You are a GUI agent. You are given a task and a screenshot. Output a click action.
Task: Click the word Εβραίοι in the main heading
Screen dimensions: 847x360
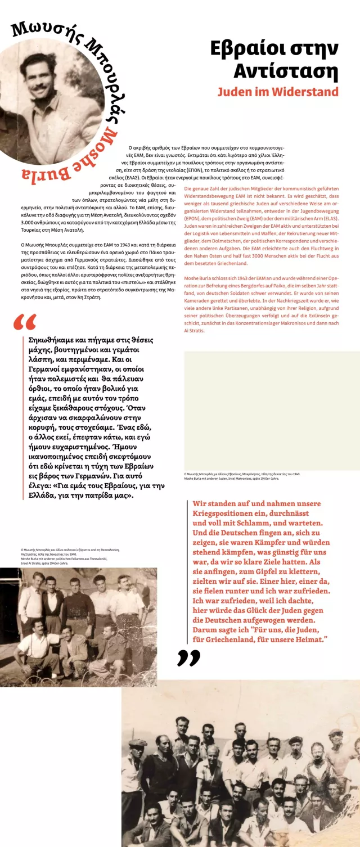click(246, 49)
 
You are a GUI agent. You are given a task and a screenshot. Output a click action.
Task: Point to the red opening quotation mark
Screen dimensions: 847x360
click(24, 323)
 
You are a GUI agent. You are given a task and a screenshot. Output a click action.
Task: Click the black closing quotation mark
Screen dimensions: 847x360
click(188, 657)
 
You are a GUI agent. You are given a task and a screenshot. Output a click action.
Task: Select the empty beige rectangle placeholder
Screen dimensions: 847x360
click(272, 411)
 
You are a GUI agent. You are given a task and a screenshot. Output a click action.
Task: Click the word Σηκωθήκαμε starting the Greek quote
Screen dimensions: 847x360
click(52, 340)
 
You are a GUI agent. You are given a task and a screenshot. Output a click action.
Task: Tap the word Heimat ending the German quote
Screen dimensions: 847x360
click(307, 639)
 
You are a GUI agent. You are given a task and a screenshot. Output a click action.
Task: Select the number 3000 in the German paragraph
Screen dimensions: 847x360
click(251, 256)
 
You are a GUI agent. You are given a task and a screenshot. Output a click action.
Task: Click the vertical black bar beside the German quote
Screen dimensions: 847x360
click(187, 571)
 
